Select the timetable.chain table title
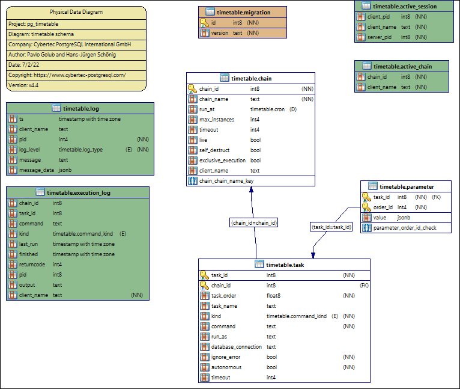click(250, 78)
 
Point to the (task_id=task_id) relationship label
click(331, 227)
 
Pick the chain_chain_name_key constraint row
click(226, 180)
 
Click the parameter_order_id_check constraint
click(404, 228)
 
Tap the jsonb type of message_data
click(65, 170)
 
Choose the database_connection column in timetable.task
click(236, 347)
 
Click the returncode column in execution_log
click(32, 264)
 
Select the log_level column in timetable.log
click(31, 149)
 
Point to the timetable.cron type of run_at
click(267, 109)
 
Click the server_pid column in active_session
click(380, 37)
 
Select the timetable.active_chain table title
click(402, 66)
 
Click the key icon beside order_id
click(366, 207)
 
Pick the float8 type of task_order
click(274, 296)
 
